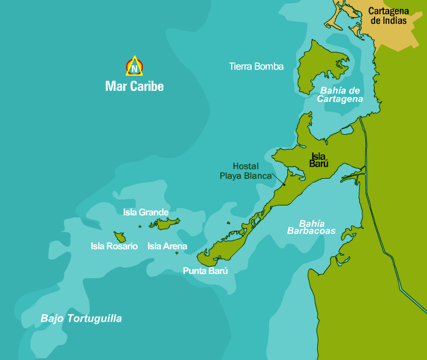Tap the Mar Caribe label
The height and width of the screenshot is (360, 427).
pos(134,86)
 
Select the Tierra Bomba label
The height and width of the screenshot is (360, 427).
pos(256,67)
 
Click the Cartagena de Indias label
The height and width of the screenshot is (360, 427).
pos(389,15)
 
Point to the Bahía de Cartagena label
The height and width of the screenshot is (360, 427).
pos(340,95)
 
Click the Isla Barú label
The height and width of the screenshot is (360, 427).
pos(320,160)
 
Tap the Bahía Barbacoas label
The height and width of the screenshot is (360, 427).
pos(312,227)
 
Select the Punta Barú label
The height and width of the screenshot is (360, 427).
pos(205,271)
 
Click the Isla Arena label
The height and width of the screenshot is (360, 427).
pos(167,247)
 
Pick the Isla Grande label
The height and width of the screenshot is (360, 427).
pos(145,212)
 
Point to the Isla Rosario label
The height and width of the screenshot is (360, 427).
pos(114,247)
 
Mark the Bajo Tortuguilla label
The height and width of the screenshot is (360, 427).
pos(81,319)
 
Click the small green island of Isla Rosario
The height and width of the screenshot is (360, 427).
pos(119,236)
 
